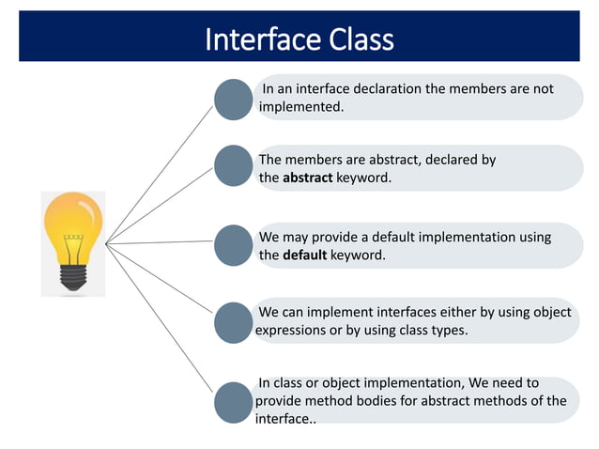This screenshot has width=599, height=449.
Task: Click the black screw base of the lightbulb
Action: coord(73,275)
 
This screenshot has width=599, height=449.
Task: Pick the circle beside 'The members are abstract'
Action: coord(234,165)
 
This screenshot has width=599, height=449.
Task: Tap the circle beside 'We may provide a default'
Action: coord(234,245)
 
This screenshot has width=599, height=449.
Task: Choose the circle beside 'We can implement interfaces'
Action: coord(234,322)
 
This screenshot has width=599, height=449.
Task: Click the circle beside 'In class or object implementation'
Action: coord(234,401)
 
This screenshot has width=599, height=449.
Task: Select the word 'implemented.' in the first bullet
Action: coord(301,106)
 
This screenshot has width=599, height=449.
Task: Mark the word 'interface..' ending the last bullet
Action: coord(285,418)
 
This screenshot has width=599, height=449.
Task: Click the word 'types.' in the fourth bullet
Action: coord(447,331)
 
